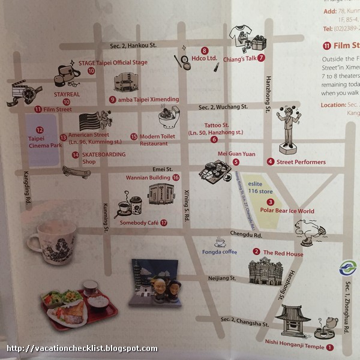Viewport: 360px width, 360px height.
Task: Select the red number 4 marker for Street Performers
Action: pyautogui.click(x=271, y=161)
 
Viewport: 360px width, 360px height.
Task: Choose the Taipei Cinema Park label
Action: pyautogui.click(x=40, y=142)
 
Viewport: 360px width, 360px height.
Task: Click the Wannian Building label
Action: pyautogui.click(x=148, y=178)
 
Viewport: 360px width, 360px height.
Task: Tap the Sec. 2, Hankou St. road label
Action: pyautogui.click(x=133, y=45)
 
